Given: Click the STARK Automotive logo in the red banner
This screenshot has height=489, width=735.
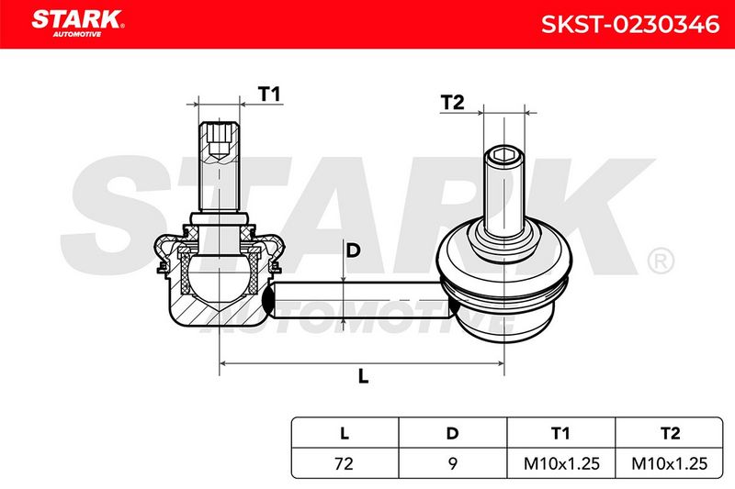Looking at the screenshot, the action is [78, 24].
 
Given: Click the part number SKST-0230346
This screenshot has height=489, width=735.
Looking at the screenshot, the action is [630, 25].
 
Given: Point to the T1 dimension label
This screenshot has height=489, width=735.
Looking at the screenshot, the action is [269, 94].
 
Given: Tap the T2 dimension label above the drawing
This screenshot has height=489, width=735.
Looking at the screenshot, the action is [452, 103].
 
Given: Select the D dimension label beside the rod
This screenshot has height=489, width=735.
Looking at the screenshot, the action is [353, 250].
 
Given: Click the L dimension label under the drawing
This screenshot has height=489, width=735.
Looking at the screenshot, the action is [363, 376].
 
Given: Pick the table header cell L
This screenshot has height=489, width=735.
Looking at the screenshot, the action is [345, 433].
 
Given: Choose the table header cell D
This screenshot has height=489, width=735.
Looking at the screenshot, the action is [452, 433].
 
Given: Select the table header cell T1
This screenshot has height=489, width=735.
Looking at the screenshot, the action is [560, 433].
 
